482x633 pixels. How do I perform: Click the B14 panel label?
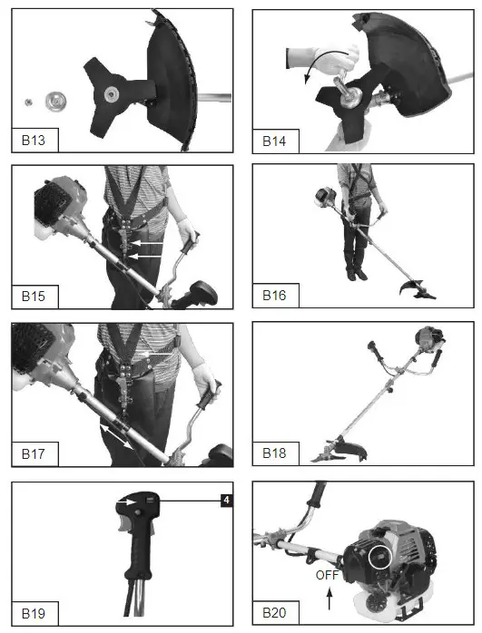(275, 141)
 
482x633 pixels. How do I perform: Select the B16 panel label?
(275, 296)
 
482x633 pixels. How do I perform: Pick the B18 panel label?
(275, 452)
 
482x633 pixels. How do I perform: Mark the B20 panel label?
(275, 613)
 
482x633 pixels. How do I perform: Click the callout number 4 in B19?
(224, 499)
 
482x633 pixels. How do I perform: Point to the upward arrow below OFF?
(329, 597)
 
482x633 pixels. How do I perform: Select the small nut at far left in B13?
(29, 101)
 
